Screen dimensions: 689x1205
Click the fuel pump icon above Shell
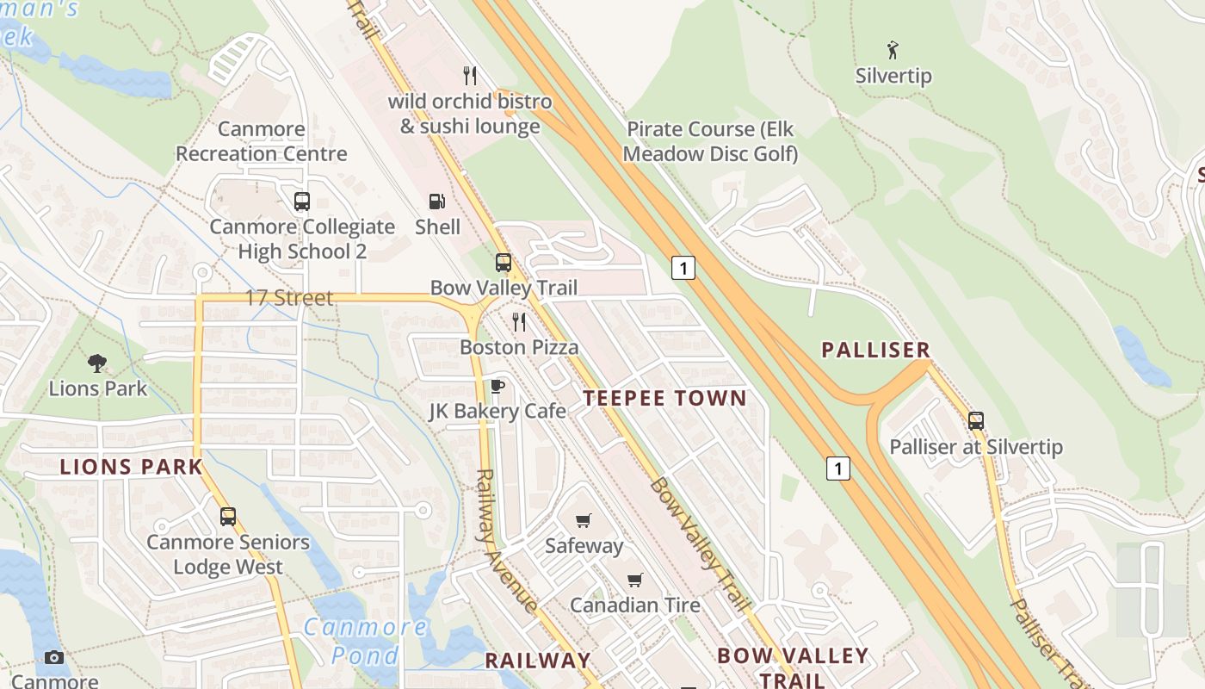[x=437, y=202]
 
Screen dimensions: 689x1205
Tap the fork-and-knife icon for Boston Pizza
[x=519, y=322]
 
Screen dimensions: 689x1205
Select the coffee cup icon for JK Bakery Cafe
[x=497, y=386]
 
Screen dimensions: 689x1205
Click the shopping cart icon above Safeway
[x=584, y=520]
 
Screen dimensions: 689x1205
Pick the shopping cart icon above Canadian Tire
[x=635, y=580]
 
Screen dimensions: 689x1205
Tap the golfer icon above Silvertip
[x=893, y=50]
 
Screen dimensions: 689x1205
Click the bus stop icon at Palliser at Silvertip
[x=975, y=421]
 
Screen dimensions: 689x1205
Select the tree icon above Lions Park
[x=97, y=363]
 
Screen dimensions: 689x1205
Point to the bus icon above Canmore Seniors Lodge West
[x=227, y=517]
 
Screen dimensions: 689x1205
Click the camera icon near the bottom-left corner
[x=54, y=658]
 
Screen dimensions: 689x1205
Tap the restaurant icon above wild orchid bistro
[x=469, y=76]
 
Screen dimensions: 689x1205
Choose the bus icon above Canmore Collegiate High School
[x=301, y=202]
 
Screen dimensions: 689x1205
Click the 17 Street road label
[x=289, y=299]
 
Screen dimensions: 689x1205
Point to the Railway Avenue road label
[x=506, y=541]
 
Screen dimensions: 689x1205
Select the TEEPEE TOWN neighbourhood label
[x=664, y=398]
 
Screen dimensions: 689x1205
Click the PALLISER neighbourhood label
[x=875, y=350]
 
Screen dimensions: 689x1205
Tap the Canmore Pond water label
[x=366, y=640]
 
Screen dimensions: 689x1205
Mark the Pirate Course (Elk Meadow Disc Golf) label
[x=710, y=141]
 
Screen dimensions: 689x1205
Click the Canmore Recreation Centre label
[x=262, y=141]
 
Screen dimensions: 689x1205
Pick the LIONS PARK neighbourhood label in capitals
[x=131, y=468]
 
